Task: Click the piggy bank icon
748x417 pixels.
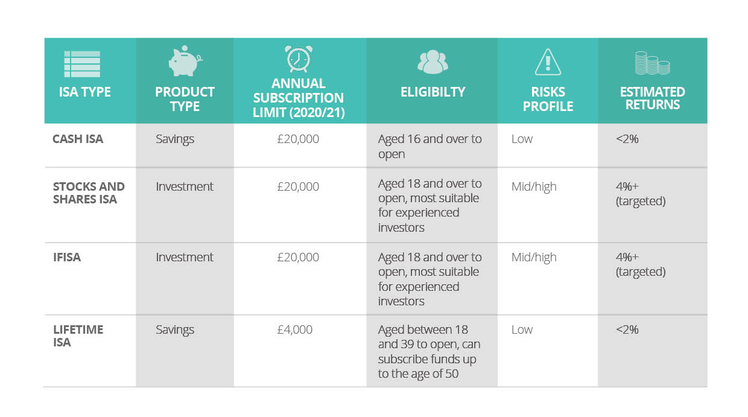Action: pyautogui.click(x=185, y=61)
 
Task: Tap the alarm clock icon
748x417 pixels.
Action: pyautogui.click(x=298, y=59)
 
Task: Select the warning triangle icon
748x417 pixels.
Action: pyautogui.click(x=548, y=62)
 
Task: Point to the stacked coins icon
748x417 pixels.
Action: pyautogui.click(x=652, y=63)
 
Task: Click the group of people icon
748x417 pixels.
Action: pyautogui.click(x=433, y=62)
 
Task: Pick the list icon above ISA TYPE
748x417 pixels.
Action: pyautogui.click(x=82, y=64)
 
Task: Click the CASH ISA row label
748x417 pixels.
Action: pyautogui.click(x=78, y=139)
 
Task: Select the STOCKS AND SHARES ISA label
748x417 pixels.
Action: pyautogui.click(x=89, y=193)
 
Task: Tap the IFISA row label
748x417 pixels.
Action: pyautogui.click(x=67, y=257)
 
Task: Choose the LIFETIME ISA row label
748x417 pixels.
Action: pyautogui.click(x=78, y=336)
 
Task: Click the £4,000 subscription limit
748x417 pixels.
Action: pyautogui.click(x=294, y=329)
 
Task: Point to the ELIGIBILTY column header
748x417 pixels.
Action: pyautogui.click(x=433, y=92)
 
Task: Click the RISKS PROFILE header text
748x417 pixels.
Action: pyautogui.click(x=548, y=99)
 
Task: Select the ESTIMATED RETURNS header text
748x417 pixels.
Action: pyautogui.click(x=653, y=98)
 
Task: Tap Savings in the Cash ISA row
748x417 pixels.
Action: pyautogui.click(x=175, y=139)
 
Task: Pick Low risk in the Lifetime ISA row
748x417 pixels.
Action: pyautogui.click(x=522, y=329)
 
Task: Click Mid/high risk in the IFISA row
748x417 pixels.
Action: pyautogui.click(x=534, y=258)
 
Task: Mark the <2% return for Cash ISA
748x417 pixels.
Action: pyautogui.click(x=627, y=139)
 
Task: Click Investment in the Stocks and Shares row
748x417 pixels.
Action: pyautogui.click(x=185, y=186)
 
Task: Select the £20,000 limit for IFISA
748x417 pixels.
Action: pyautogui.click(x=298, y=257)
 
